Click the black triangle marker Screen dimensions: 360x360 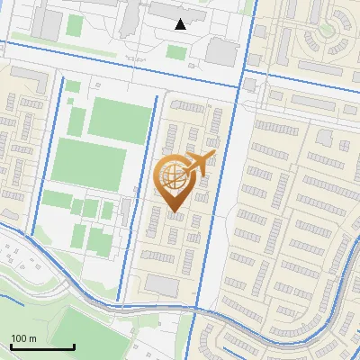pyautogui.click(x=181, y=24)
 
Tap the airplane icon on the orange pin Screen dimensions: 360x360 pyautogui.click(x=200, y=164)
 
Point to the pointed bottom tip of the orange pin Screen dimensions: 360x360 pyautogui.click(x=174, y=213)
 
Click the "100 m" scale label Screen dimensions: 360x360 pyautogui.click(x=23, y=338)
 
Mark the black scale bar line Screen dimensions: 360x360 pyautogui.click(x=42, y=346)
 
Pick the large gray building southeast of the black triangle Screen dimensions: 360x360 pyautogui.click(x=221, y=51)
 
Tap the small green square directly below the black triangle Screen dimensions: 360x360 pyautogui.click(x=175, y=52)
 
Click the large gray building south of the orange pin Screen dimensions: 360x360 pyautogui.click(x=162, y=285)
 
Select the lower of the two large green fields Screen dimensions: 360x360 pyautogui.click(x=89, y=163)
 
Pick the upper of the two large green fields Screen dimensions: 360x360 pyautogui.click(x=120, y=120)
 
